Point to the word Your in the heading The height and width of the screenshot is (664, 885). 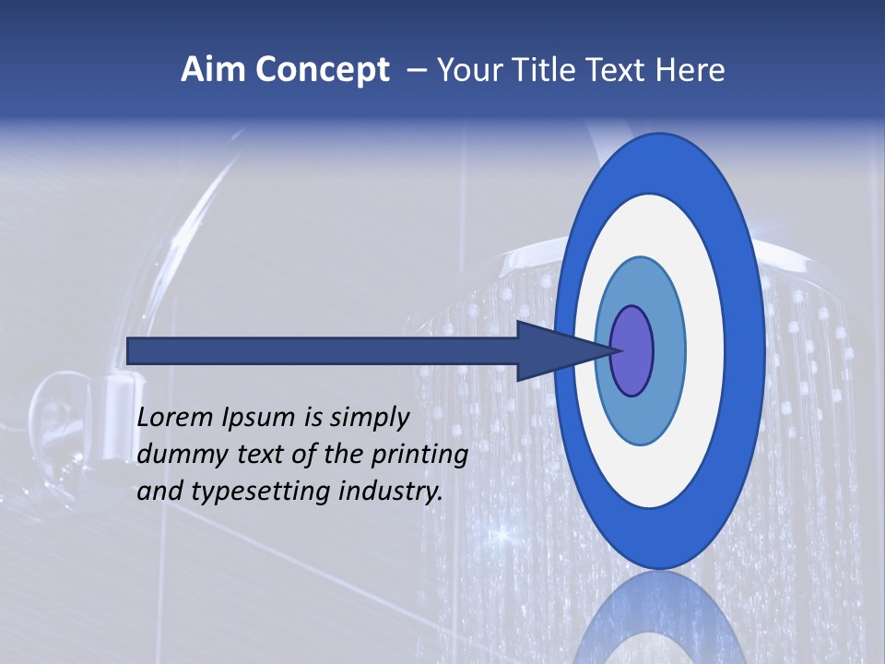click(468, 70)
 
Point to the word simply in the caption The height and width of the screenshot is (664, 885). click(369, 419)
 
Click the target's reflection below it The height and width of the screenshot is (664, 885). click(660, 618)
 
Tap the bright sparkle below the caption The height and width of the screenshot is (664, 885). click(502, 533)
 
